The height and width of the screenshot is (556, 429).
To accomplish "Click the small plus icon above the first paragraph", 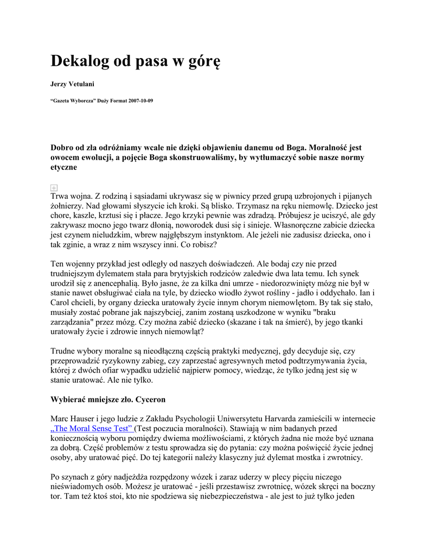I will pyautogui.click(x=54, y=187).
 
